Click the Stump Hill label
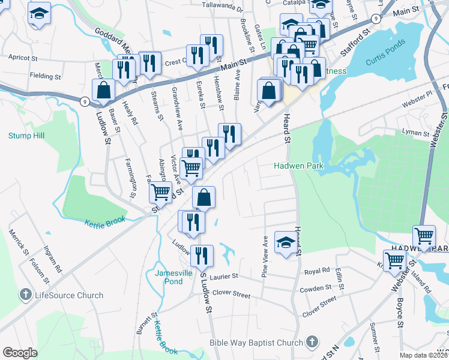coord(26,136)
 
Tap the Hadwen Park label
coord(298,166)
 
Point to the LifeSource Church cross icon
coord(25,295)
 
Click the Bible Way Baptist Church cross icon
coord(311,343)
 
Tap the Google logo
coord(20,353)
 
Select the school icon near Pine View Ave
coord(285,242)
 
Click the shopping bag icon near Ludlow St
coord(103,91)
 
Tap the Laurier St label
coord(223,276)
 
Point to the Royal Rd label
coord(318,270)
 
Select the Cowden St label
coord(312,289)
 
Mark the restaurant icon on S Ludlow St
coord(202,256)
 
